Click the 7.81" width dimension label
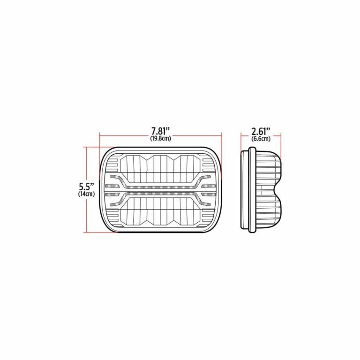[x=160, y=132]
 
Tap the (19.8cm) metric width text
[x=161, y=139]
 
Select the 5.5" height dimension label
[x=86, y=186]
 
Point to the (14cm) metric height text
[x=86, y=194]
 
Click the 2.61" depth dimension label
[x=261, y=132]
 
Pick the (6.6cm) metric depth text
[x=261, y=139]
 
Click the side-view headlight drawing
[x=261, y=190]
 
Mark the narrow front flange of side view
[x=252, y=190]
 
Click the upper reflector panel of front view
[x=160, y=169]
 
